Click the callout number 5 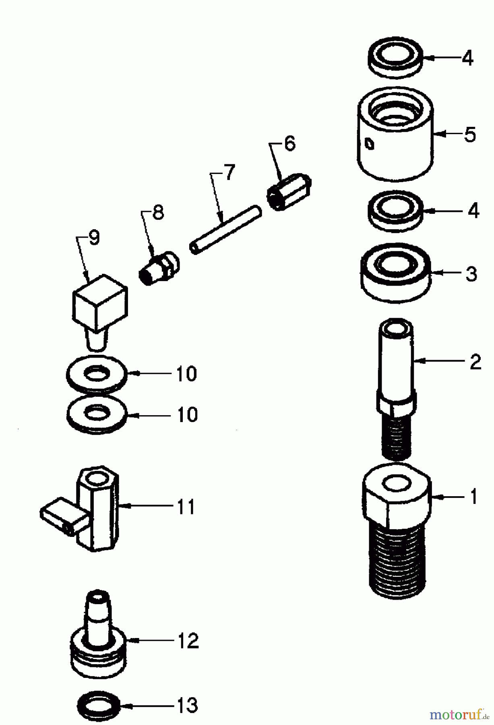(469, 135)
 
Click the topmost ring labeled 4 (396, 57)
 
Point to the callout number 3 (471, 274)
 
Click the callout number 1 (473, 496)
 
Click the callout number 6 (290, 144)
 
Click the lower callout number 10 (187, 415)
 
